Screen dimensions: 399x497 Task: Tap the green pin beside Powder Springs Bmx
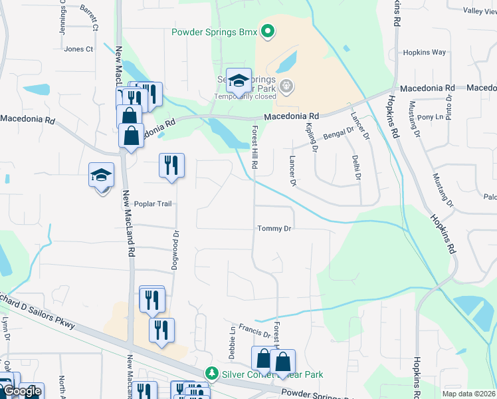point(267,31)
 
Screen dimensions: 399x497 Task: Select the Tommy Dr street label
point(275,229)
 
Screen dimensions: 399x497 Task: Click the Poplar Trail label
point(153,203)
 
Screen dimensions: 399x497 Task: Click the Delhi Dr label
point(357,166)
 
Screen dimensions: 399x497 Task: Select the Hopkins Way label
point(425,53)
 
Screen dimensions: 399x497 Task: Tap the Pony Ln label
point(426,117)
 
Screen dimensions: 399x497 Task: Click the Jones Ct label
point(78,49)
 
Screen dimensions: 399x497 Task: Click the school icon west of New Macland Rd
point(102,176)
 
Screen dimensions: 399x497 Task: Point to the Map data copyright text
point(468,394)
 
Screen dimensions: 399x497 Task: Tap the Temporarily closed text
point(244,96)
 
